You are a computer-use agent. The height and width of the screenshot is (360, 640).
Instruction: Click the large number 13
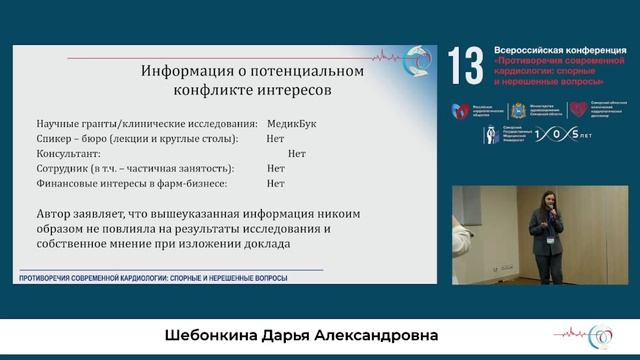(x=466, y=67)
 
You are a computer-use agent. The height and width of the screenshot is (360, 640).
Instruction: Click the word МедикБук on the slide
(x=292, y=123)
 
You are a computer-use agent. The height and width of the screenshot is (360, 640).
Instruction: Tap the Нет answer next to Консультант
(x=296, y=154)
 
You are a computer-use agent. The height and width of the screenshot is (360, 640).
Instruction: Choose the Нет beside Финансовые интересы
(x=276, y=184)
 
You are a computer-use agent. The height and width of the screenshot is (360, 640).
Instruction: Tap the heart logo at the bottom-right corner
(x=604, y=334)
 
